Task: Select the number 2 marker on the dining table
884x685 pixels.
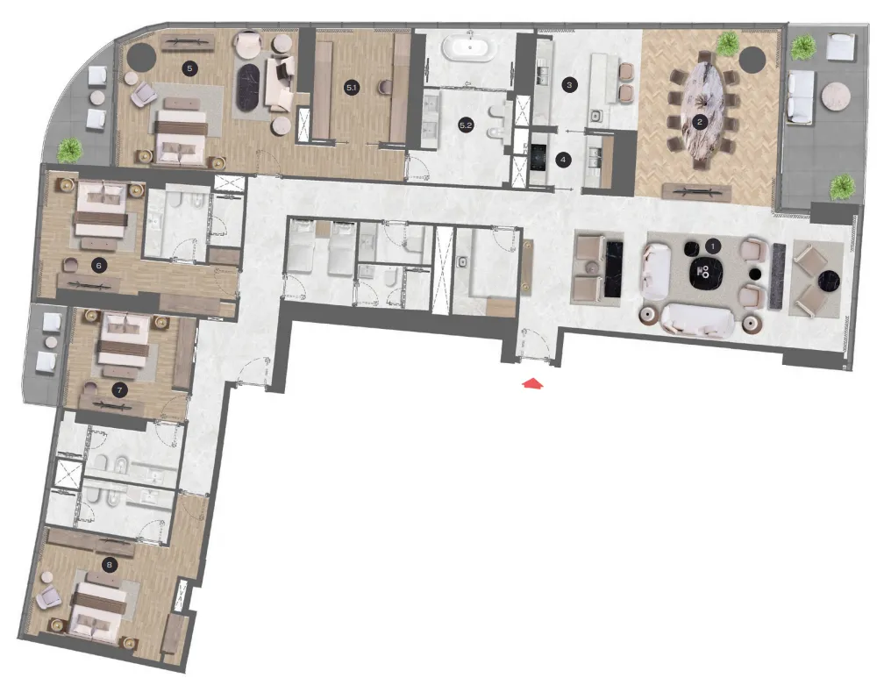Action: point(699,122)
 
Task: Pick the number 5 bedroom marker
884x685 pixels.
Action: point(189,67)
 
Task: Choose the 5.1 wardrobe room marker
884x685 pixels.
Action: point(351,86)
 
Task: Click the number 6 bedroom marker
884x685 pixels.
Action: point(99,262)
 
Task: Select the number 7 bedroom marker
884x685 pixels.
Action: point(119,389)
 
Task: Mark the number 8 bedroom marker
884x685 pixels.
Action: point(109,565)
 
